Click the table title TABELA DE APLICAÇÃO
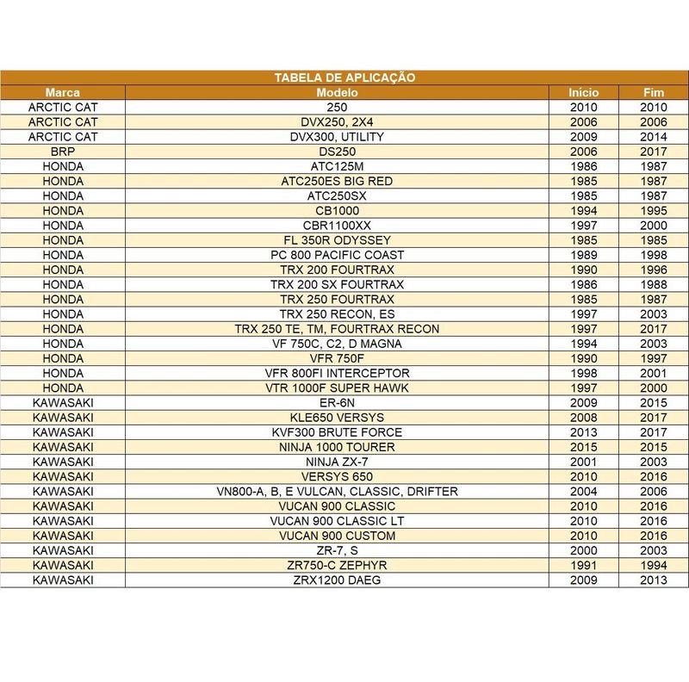(x=344, y=77)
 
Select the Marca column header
(x=63, y=92)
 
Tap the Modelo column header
(x=337, y=92)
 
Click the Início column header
(x=584, y=92)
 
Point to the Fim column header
(x=654, y=92)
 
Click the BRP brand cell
(x=63, y=152)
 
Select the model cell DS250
(x=337, y=152)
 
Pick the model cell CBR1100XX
(x=337, y=225)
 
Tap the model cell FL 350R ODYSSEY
(x=337, y=239)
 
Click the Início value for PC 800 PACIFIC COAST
(x=584, y=255)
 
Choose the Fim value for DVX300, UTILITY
(x=654, y=137)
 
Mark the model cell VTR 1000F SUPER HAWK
(x=337, y=387)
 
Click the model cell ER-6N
(x=337, y=402)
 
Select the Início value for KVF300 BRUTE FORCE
(x=584, y=432)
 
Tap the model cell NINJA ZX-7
(x=337, y=462)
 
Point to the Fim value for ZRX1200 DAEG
(x=654, y=580)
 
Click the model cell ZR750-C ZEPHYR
(x=337, y=565)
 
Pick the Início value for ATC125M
(x=584, y=166)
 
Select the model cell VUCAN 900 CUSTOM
(x=337, y=536)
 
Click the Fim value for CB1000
(x=654, y=210)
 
